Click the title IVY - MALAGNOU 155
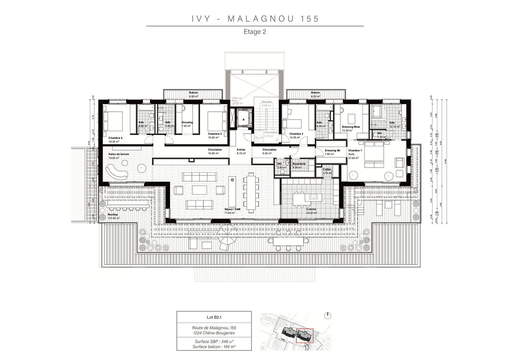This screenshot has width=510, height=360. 255,19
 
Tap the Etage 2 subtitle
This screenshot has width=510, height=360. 255,32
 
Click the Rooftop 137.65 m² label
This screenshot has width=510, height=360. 113,216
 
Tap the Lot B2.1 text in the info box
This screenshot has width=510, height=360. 214,317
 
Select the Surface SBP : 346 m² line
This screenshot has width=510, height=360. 214,341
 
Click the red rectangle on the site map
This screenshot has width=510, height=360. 304,336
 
